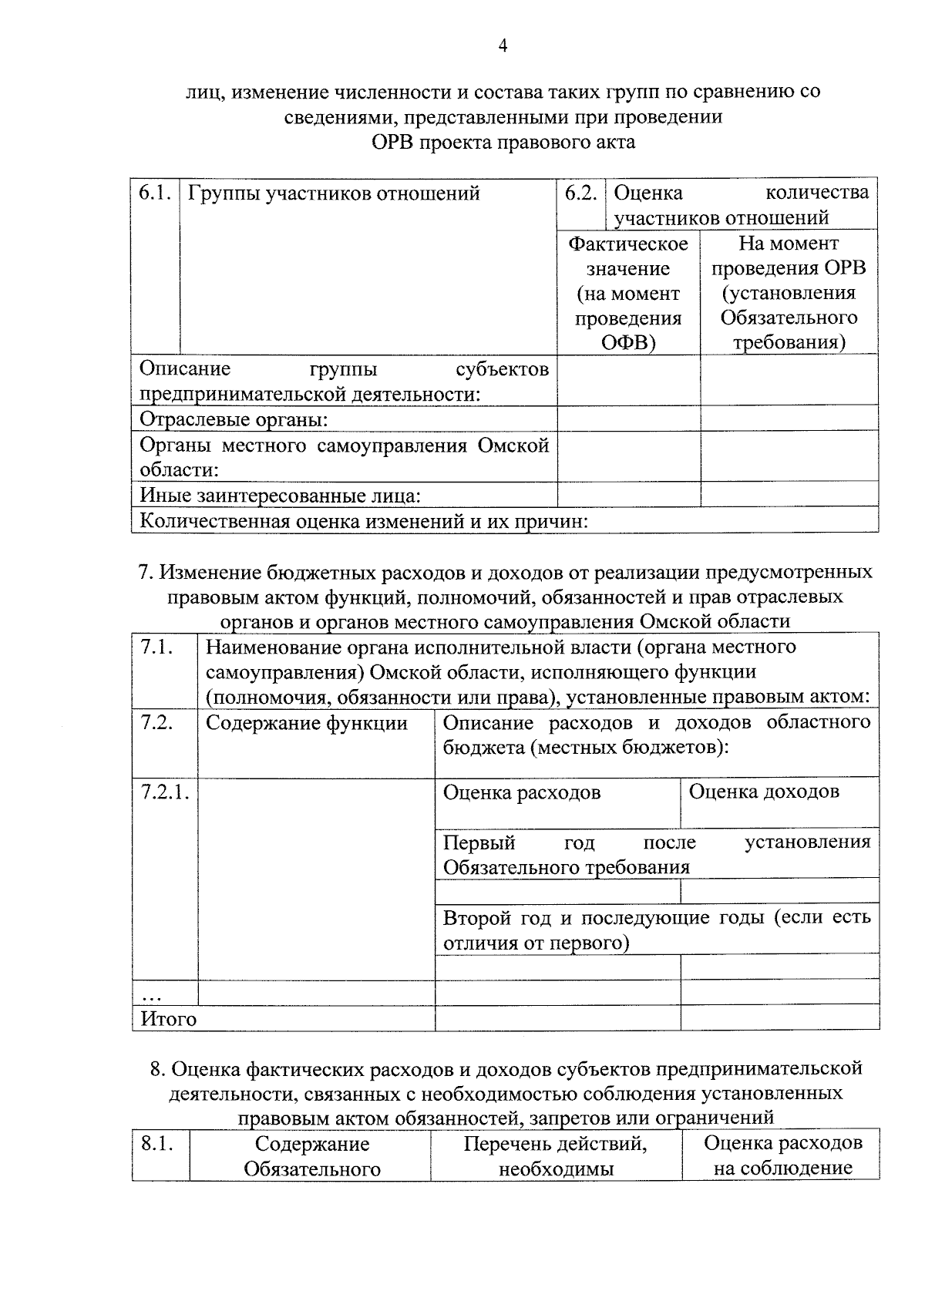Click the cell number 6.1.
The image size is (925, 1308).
[154, 193]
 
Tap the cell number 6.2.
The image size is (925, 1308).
[580, 193]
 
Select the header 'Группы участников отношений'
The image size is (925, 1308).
[334, 193]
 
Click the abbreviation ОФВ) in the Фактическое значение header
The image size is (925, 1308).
[628, 342]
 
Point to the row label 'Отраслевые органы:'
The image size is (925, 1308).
[234, 419]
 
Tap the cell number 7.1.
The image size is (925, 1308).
[156, 647]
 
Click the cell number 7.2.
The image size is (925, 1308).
[156, 723]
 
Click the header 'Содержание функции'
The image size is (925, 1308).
[307, 723]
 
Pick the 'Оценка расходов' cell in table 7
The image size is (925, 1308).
[522, 792]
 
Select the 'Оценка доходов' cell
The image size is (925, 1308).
[764, 792]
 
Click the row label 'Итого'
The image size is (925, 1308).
[168, 1019]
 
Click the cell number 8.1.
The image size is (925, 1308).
[156, 1144]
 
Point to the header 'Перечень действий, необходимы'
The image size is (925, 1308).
[556, 1155]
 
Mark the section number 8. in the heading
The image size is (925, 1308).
[158, 1068]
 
